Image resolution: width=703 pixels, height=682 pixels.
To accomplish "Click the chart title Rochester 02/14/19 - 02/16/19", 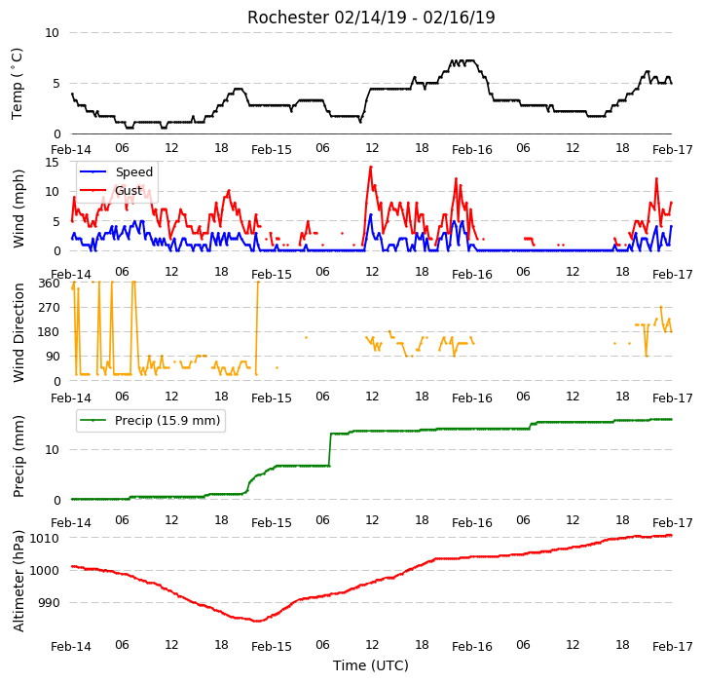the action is (371, 18).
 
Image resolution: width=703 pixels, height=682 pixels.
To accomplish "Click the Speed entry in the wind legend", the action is (134, 171).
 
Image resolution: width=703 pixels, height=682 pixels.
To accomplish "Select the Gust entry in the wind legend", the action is (129, 191).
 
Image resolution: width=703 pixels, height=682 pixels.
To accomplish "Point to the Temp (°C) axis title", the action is (17, 84).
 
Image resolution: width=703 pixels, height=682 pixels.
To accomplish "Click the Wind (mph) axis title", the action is (18, 208).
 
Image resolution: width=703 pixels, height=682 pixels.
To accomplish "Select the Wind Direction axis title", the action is (18, 332).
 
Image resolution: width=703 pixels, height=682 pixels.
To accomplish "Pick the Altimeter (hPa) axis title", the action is (18, 581).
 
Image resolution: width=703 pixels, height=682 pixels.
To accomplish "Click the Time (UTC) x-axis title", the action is (371, 665).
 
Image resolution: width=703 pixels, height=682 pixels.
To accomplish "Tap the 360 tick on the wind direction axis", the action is (50, 284).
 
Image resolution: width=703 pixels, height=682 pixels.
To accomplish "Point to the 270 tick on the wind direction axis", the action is (50, 308).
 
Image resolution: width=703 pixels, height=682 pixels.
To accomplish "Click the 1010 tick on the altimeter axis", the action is (45, 538).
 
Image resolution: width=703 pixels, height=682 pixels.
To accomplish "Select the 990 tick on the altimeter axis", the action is (49, 602).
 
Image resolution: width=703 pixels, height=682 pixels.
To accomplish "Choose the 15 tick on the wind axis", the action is (53, 162).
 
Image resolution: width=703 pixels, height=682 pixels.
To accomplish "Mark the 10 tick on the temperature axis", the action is (53, 33).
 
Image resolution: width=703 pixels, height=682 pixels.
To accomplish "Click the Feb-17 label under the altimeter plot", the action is (672, 647).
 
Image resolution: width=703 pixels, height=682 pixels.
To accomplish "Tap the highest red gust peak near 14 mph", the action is (371, 168).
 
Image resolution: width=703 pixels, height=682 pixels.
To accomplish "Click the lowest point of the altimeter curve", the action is (257, 621).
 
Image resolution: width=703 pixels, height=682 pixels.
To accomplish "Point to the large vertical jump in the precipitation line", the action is (330, 449).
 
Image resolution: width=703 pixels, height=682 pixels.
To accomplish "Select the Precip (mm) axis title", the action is (18, 457).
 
